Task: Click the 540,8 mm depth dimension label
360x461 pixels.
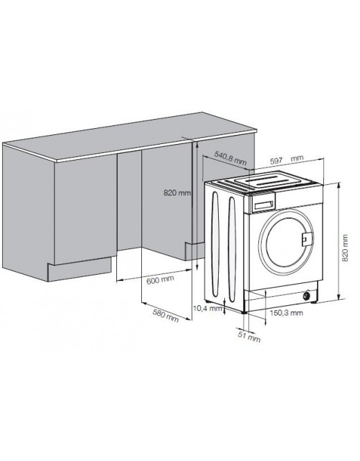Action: pos(231,159)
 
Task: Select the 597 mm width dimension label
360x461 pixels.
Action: pos(287,160)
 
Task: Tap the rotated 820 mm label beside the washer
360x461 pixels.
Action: pos(345,248)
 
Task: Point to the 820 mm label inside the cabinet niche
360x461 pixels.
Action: pos(177,193)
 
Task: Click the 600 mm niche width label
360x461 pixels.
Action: pos(161,279)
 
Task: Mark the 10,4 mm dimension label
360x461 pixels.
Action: pos(208,309)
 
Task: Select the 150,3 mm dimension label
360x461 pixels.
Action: pos(287,313)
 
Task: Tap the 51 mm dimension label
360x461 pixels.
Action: pos(249,337)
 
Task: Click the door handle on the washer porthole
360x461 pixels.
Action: pos(307,237)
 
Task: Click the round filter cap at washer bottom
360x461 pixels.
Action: pos(307,296)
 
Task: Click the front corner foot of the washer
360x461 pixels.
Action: pos(244,312)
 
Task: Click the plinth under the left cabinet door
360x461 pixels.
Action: pos(80,269)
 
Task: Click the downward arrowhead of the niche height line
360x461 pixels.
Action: pos(197,266)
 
